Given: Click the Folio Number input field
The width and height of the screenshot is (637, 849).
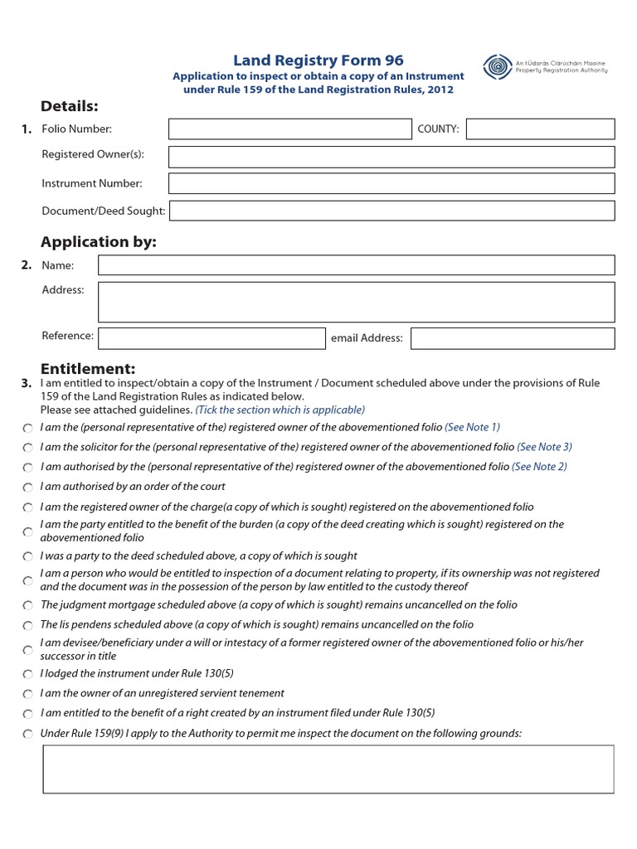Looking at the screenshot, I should point(290,129).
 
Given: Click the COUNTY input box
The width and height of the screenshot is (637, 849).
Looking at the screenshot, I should point(541,129).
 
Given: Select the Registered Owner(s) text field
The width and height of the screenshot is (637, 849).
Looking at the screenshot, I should point(391,157).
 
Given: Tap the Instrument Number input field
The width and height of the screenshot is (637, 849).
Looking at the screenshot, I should point(391,183).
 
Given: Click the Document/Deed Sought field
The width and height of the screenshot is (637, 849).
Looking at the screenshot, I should point(391,211).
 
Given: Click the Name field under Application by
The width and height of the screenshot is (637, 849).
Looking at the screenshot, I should point(356,265).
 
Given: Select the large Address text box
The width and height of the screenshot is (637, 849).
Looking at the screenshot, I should point(356,302).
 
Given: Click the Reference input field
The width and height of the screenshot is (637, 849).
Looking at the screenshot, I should point(212,337).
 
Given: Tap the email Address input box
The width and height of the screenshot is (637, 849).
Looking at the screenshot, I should point(513,338).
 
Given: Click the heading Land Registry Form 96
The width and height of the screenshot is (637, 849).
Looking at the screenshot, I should point(318,60).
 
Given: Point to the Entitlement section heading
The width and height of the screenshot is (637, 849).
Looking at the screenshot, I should point(88,368).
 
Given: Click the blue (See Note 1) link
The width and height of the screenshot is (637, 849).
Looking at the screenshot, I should point(473,427).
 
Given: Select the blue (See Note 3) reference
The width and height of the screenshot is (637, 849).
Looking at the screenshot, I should point(544,447).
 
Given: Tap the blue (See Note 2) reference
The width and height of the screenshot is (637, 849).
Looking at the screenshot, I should point(539,467).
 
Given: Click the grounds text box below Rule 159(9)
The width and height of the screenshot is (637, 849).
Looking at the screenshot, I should point(328,769).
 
